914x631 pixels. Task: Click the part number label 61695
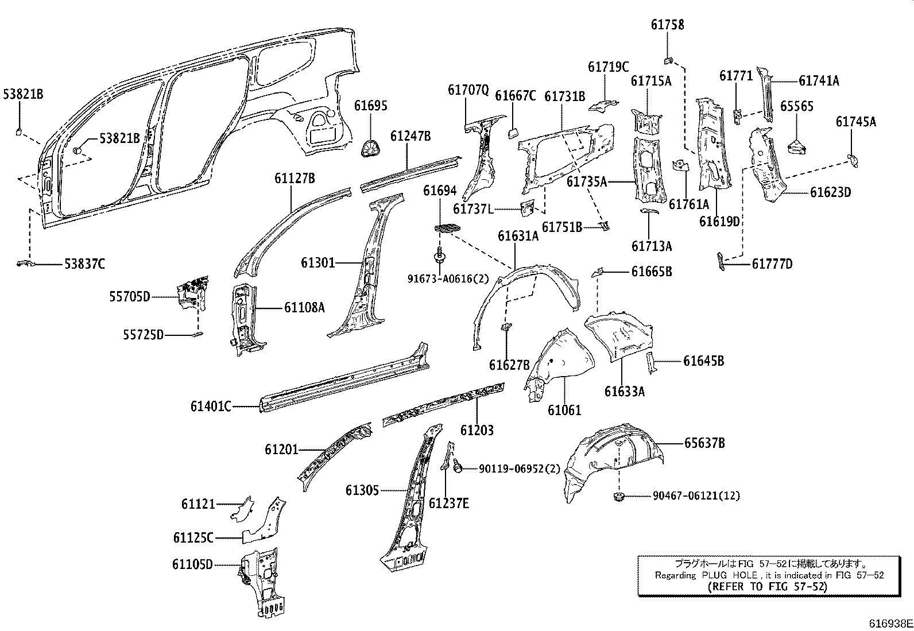click(x=370, y=106)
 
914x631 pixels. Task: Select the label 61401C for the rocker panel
click(x=211, y=407)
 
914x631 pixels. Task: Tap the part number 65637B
click(x=704, y=443)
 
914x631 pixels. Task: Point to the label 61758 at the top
click(x=667, y=25)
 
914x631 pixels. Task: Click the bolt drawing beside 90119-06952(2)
click(x=458, y=468)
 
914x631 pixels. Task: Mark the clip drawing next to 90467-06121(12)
click(x=619, y=495)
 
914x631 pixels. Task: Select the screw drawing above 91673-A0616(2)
click(x=439, y=254)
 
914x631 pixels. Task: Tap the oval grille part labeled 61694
click(x=449, y=228)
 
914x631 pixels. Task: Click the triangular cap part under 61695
click(x=370, y=148)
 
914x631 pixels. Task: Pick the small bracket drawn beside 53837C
click(x=25, y=263)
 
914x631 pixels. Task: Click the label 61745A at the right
click(x=856, y=121)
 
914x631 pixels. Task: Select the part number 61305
click(x=362, y=490)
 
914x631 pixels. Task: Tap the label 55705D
click(x=130, y=296)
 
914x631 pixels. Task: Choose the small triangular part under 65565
click(x=796, y=148)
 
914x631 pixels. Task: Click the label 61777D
click(x=772, y=264)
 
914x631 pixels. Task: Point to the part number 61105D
click(x=192, y=564)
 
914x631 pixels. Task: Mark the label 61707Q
click(x=468, y=90)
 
